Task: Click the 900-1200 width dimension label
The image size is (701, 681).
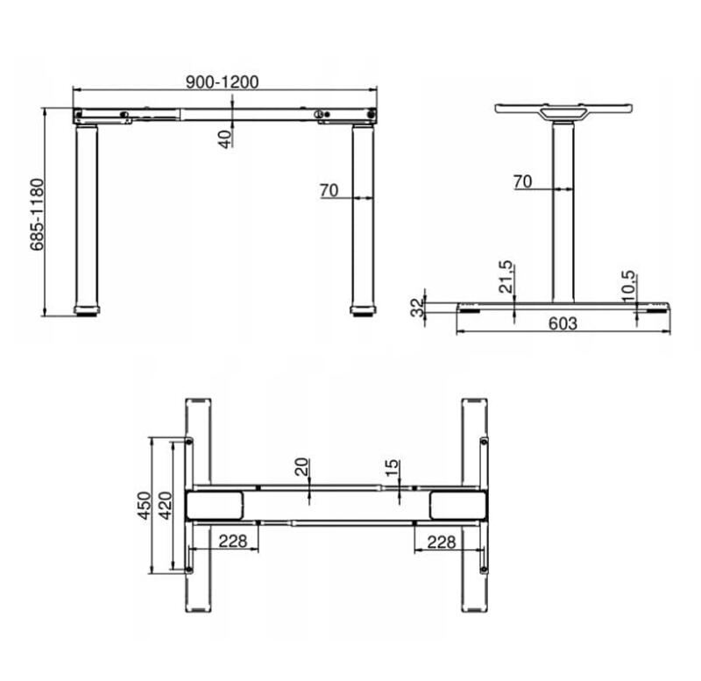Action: click(223, 82)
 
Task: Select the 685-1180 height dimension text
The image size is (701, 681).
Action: click(38, 215)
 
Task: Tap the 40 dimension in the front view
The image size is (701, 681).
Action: click(226, 138)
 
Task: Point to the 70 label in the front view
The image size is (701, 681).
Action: click(329, 190)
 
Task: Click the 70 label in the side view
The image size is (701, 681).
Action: click(522, 181)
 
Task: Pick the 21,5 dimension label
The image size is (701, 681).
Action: click(506, 277)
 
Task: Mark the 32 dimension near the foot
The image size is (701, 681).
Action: click(417, 308)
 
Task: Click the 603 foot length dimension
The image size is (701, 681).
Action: click(563, 323)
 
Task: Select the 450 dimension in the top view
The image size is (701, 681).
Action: click(145, 506)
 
